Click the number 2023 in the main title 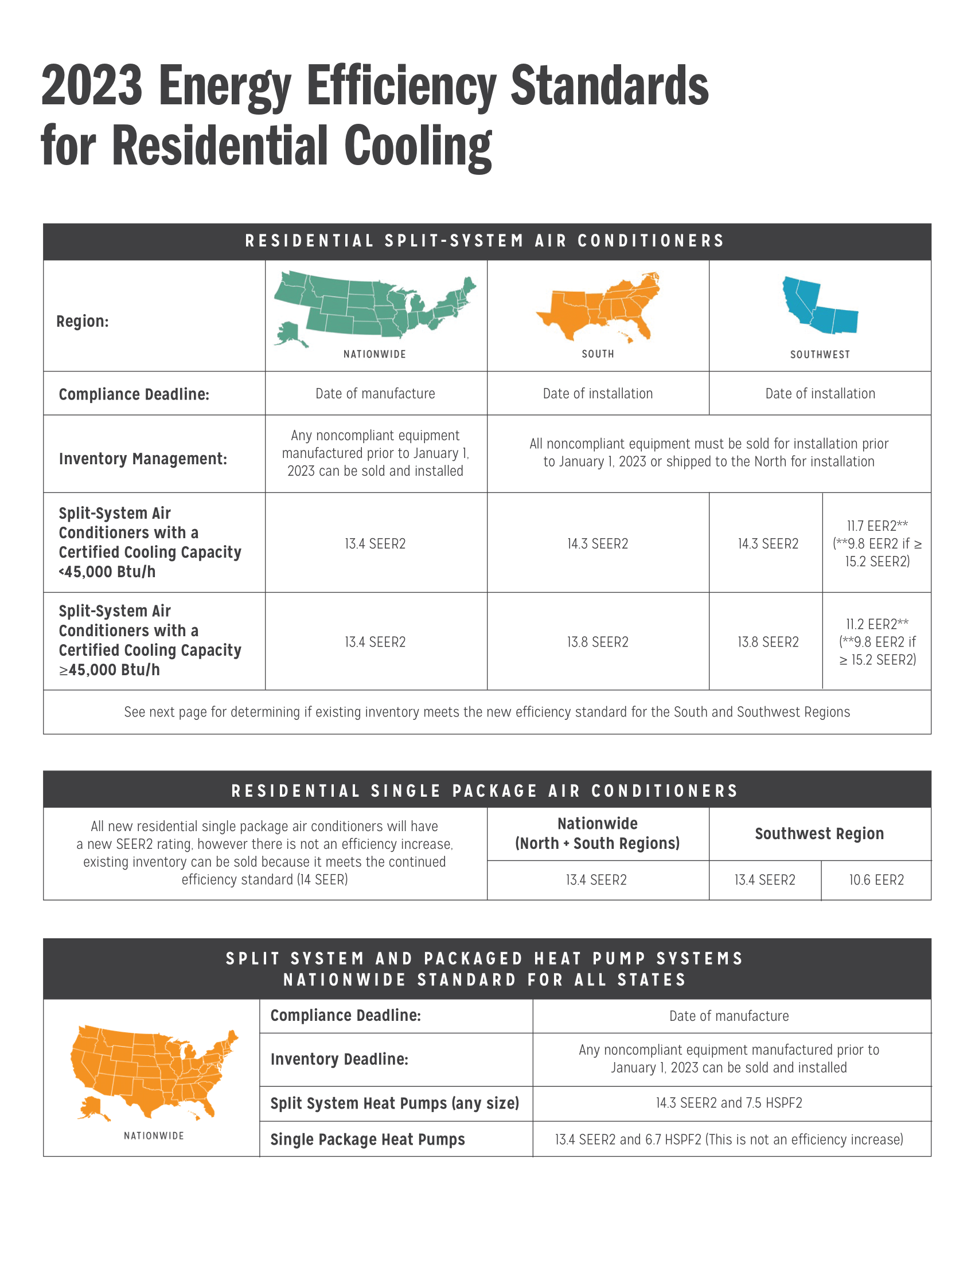92,87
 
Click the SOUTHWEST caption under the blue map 820,354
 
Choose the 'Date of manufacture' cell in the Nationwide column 376,394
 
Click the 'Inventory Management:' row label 143,459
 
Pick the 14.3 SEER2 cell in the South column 597,544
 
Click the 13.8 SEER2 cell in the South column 597,642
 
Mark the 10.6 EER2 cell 876,880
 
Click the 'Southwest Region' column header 819,834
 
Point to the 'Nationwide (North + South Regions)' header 597,834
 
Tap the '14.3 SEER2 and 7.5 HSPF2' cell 729,1103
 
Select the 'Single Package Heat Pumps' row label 368,1139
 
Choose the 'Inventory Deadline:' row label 339,1059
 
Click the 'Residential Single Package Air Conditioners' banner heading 485,790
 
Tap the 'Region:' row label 83,322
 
